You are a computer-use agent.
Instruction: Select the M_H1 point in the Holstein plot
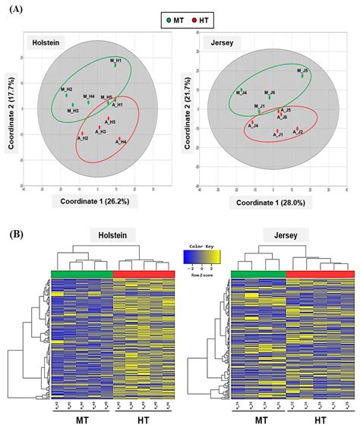115,65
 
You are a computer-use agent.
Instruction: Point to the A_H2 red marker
82,134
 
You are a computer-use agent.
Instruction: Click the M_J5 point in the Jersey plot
302,75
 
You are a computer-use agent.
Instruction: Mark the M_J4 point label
241,93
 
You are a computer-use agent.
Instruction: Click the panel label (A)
16,8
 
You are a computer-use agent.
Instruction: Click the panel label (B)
15,235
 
